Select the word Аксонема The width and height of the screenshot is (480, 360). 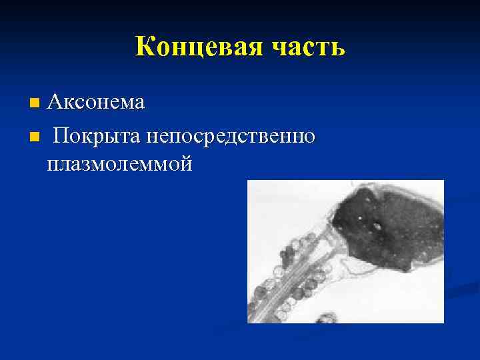96,103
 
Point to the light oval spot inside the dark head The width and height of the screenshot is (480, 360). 377,225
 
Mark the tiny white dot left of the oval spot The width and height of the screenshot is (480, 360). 361,217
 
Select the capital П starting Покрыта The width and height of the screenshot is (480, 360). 62,136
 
